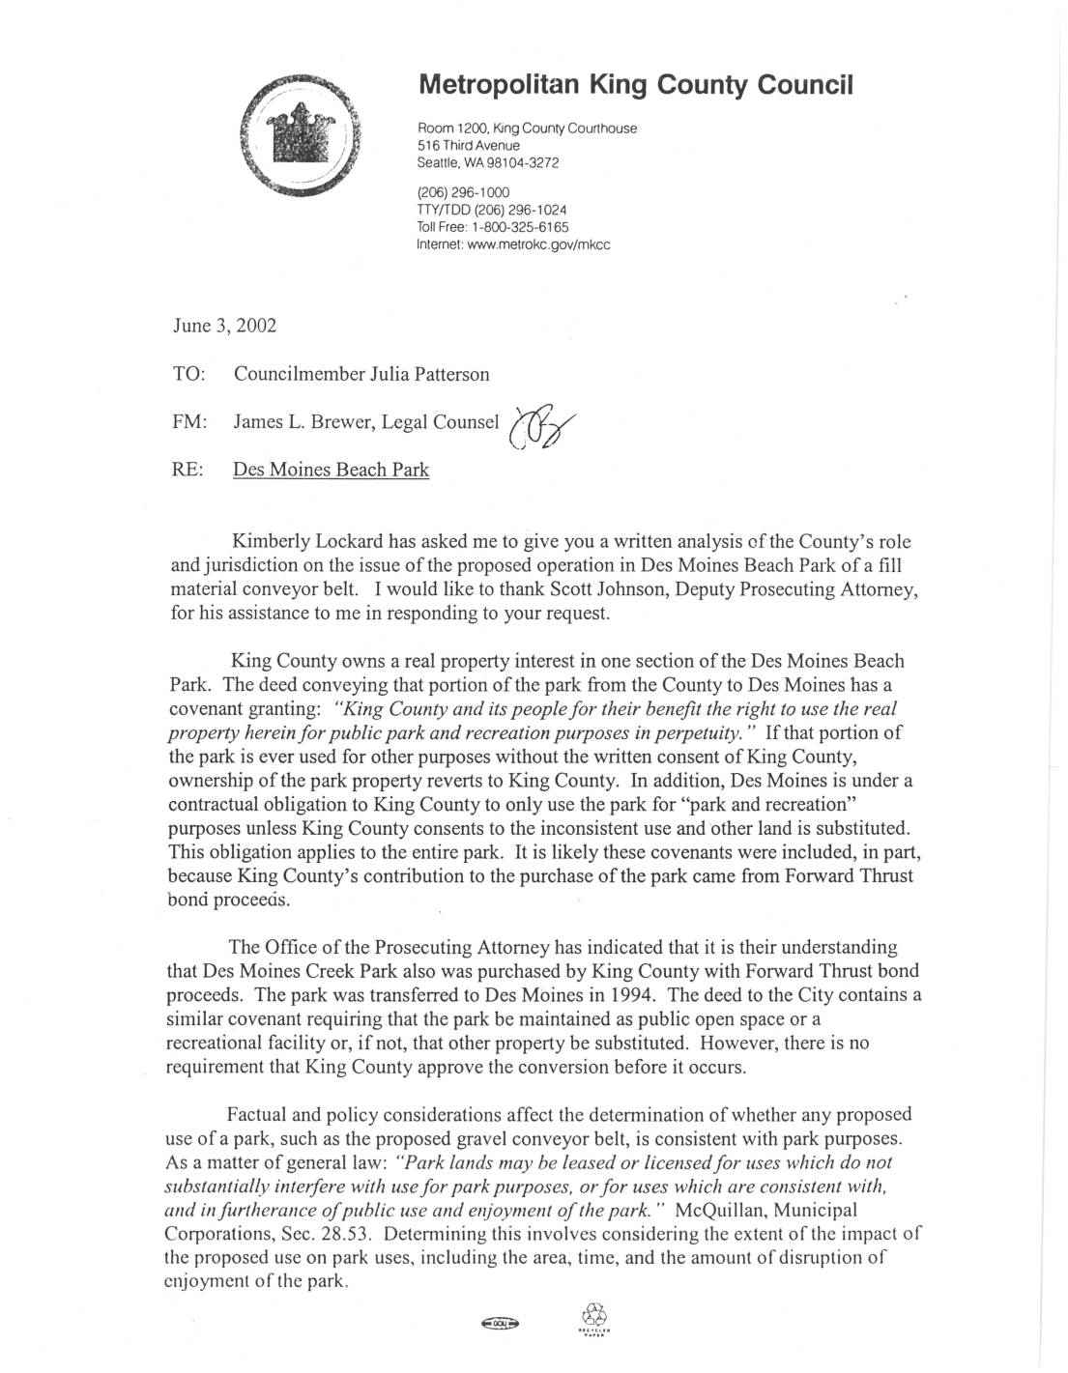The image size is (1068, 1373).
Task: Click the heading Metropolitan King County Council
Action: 635,85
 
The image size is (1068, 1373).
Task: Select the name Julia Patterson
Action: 435,374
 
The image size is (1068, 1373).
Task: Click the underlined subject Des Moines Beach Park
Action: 331,471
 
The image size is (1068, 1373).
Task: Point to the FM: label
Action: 188,422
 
